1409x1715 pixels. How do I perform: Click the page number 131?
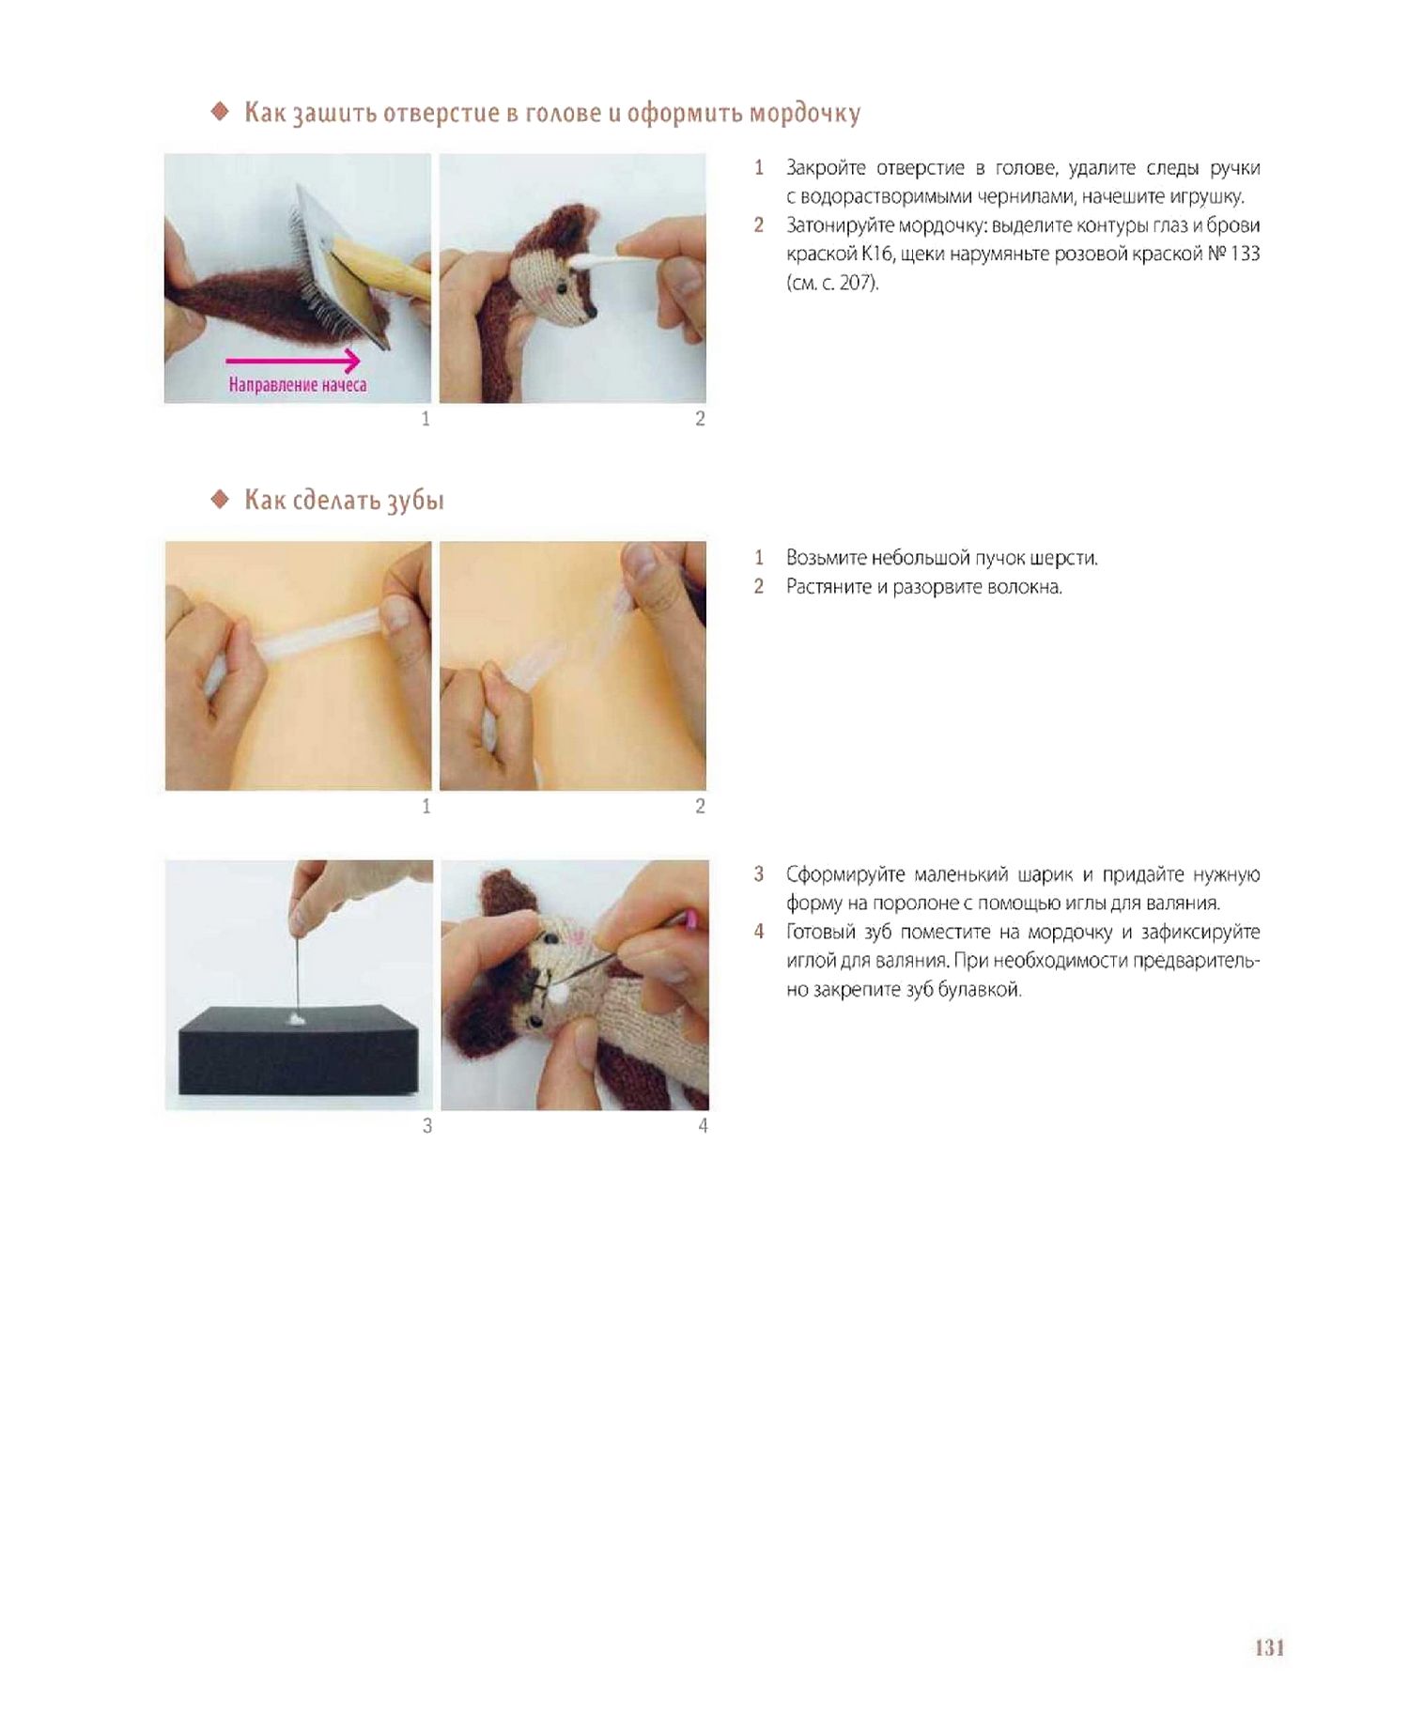pyautogui.click(x=1269, y=1647)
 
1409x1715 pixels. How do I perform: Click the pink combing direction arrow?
pyautogui.click(x=293, y=361)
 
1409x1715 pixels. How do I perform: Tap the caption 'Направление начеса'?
pyautogui.click(x=297, y=385)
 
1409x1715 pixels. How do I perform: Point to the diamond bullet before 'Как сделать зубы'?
pyautogui.click(x=220, y=499)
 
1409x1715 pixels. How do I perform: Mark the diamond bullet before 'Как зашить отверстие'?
pyautogui.click(x=220, y=112)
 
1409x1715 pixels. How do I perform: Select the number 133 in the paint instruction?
pyautogui.click(x=1246, y=254)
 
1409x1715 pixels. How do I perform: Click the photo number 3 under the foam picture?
pyautogui.click(x=427, y=1125)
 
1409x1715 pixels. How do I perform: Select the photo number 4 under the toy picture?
pyautogui.click(x=703, y=1125)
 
